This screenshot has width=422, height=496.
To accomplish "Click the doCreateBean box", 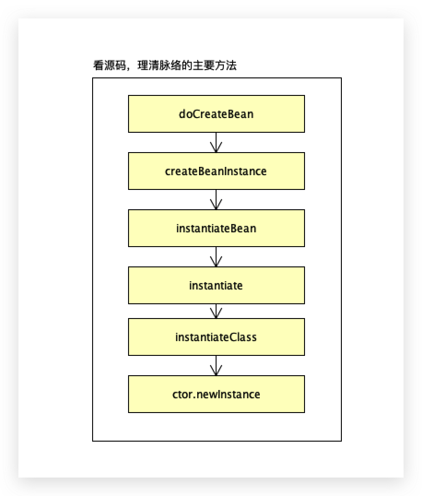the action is (x=216, y=114).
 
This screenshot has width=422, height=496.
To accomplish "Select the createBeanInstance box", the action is (x=216, y=171).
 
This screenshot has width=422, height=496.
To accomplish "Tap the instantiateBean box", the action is (x=216, y=228).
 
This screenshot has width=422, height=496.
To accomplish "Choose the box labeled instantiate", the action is (x=216, y=285).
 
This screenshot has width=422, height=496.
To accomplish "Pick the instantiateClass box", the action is (x=216, y=337).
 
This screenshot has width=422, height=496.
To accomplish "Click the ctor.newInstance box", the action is (x=216, y=394).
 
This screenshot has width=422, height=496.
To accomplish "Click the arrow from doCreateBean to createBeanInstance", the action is (x=216, y=142).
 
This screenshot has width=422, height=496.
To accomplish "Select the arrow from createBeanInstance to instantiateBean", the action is (x=216, y=200).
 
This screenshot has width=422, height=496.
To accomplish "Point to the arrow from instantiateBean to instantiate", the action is (x=216, y=257).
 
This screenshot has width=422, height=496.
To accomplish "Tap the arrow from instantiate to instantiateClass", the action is (x=216, y=311).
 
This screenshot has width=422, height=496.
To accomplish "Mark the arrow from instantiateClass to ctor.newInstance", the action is (x=216, y=366).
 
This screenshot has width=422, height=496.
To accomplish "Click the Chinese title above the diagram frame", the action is (x=164, y=65).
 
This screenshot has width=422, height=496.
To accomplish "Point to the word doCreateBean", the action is (x=216, y=114).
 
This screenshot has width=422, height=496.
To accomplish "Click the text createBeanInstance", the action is (x=216, y=171).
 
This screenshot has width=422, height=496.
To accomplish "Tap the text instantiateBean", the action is (x=216, y=228).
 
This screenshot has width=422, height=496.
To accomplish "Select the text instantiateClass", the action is (x=216, y=337).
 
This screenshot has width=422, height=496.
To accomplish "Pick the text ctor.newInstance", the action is (x=216, y=394).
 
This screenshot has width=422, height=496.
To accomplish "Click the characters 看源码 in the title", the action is (x=109, y=65).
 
